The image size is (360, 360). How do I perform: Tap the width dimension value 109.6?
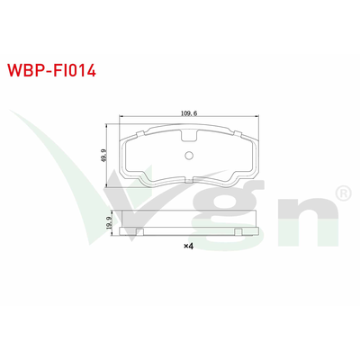[x=188, y=113]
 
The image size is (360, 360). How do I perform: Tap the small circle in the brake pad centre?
[x=188, y=154]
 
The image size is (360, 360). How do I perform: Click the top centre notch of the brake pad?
[x=188, y=137]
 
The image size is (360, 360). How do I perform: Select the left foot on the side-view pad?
[x=141, y=233]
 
